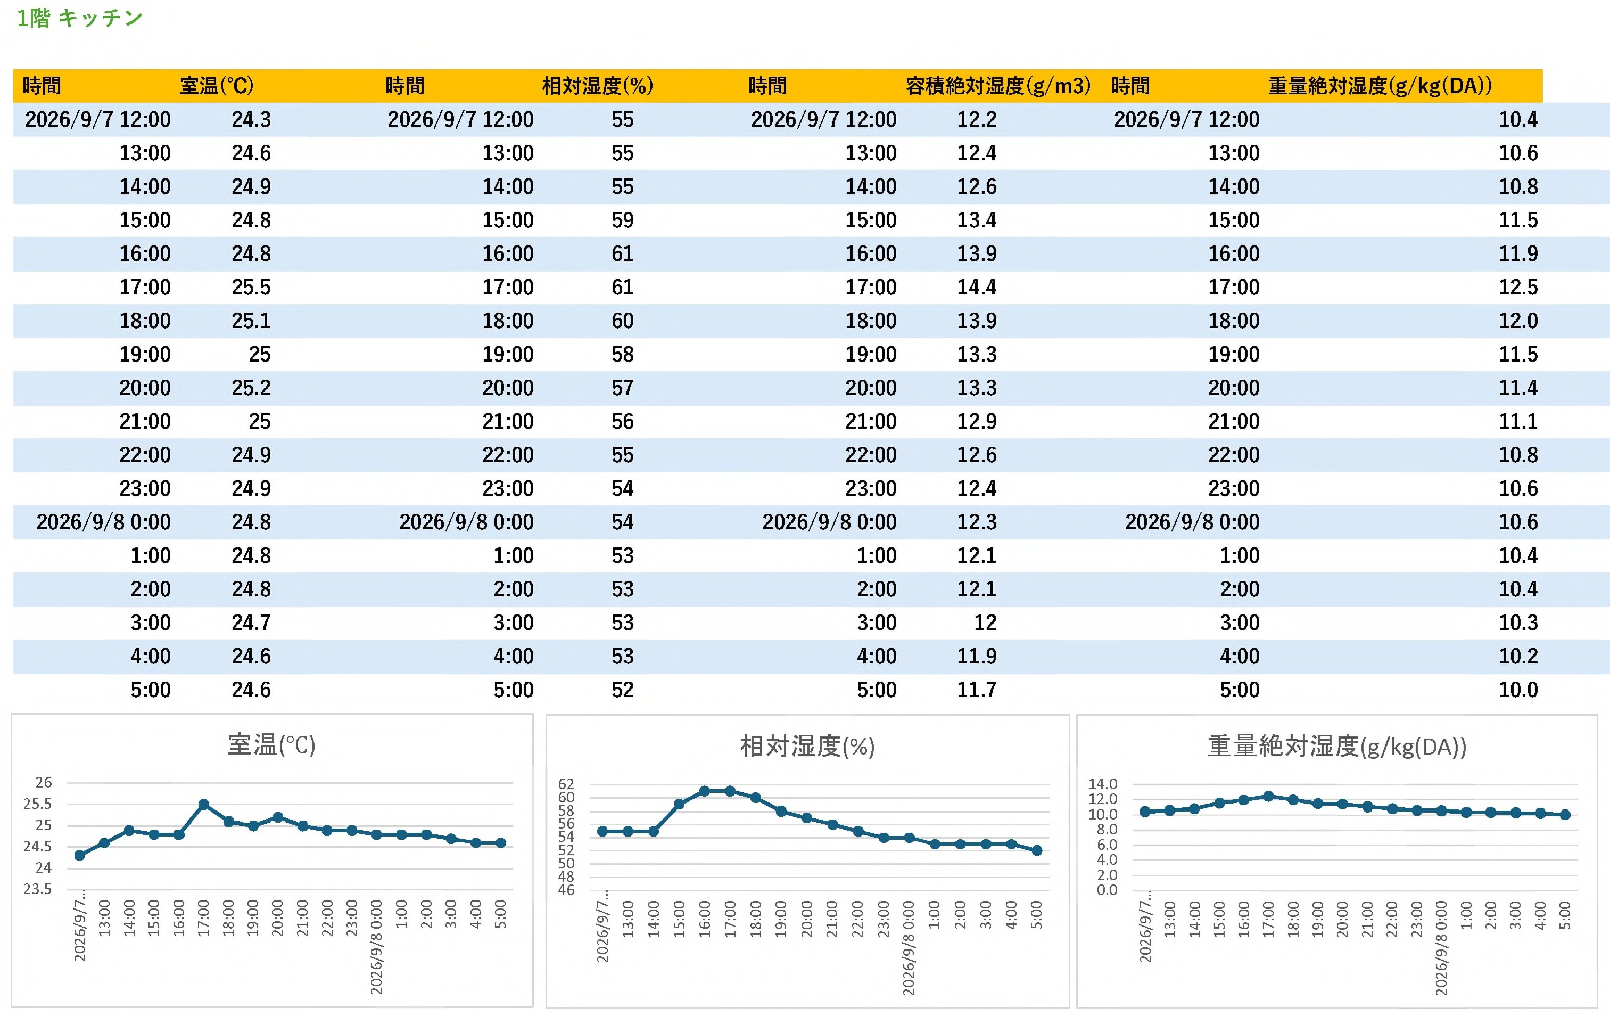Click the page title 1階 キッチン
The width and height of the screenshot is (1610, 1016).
coord(79,18)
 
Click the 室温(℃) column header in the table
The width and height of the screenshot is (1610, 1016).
coord(217,86)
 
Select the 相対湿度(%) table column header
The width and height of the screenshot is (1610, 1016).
coord(597,86)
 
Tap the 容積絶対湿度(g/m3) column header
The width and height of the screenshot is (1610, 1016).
coord(997,86)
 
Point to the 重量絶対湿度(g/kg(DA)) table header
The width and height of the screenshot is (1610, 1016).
coord(1380,86)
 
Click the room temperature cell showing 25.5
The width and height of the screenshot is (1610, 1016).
coord(251,288)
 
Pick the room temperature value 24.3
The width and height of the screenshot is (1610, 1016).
coord(251,120)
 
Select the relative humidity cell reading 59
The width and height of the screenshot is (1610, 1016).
coord(623,220)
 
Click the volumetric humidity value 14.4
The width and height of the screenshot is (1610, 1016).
coord(977,288)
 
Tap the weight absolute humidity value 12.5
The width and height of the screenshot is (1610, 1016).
coord(1518,288)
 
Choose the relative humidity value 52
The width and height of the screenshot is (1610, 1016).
coord(623,690)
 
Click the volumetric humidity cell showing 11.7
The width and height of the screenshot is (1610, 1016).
coord(977,690)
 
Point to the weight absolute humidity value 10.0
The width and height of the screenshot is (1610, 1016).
coord(1518,690)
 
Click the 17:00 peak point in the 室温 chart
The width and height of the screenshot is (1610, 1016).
coord(204,804)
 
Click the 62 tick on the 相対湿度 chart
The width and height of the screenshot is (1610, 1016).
coord(566,784)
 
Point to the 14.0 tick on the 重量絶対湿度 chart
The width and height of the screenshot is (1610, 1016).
coord(1103,784)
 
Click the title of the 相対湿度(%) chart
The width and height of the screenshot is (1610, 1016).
coord(807,747)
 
